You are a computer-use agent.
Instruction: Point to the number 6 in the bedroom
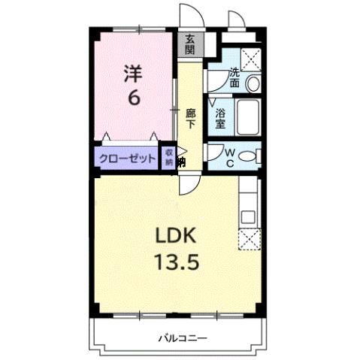pyautogui.click(x=132, y=97)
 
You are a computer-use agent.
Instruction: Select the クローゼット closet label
pyautogui.click(x=126, y=159)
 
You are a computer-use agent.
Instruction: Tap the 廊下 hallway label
pyautogui.click(x=191, y=119)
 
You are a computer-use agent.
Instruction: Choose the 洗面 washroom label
pyautogui.click(x=235, y=78)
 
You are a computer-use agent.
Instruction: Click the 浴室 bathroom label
pyautogui.click(x=222, y=118)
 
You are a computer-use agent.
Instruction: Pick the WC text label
pyautogui.click(x=231, y=157)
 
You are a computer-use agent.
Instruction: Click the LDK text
pyautogui.click(x=176, y=237)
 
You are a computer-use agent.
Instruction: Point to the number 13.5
pyautogui.click(x=176, y=264)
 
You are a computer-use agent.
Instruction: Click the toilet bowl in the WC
pyautogui.click(x=253, y=157)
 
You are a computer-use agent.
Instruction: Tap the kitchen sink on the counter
pyautogui.click(x=249, y=216)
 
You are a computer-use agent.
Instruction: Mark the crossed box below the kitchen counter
pyautogui.click(x=248, y=240)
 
